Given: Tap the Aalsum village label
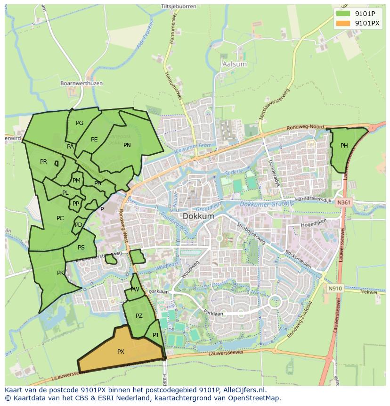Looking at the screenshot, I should click(x=234, y=64).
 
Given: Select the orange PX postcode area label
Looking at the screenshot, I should click(x=121, y=351).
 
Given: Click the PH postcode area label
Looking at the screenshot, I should click(x=344, y=146).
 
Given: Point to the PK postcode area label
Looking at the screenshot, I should click(x=60, y=273).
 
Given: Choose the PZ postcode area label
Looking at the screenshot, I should click(x=139, y=316).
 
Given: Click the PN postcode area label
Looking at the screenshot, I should click(x=127, y=145).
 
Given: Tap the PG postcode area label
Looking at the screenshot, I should click(x=80, y=123).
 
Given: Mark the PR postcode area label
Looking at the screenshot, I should click(x=44, y=162).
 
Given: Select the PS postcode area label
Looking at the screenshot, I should click(x=81, y=248).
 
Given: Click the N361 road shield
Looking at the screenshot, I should click(x=344, y=202).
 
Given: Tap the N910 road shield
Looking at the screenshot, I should click(x=335, y=289).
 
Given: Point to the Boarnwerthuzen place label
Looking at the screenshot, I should click(x=81, y=83).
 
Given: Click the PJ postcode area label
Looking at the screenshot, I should click(x=155, y=335).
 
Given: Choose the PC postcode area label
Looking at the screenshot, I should click(x=60, y=218).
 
